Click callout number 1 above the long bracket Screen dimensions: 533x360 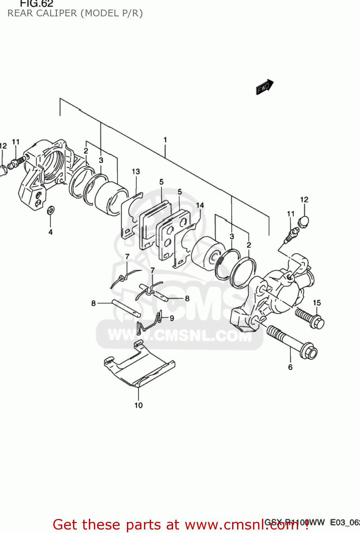coord(165,140)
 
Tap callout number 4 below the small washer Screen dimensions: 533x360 coord(50,232)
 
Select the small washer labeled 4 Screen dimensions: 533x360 coord(51,210)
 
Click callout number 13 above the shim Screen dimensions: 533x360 coord(136,172)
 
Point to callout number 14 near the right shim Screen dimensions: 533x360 coord(200,205)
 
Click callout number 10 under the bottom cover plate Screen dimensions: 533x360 coord(139,405)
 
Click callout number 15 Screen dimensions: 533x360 coord(317,303)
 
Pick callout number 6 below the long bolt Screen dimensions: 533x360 coord(290,367)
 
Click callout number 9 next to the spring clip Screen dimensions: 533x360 coord(172,318)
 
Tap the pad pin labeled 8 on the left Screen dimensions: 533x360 coord(126,308)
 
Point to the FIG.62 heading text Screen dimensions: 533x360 coord(36,4)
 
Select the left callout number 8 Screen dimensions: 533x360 coord(93,303)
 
